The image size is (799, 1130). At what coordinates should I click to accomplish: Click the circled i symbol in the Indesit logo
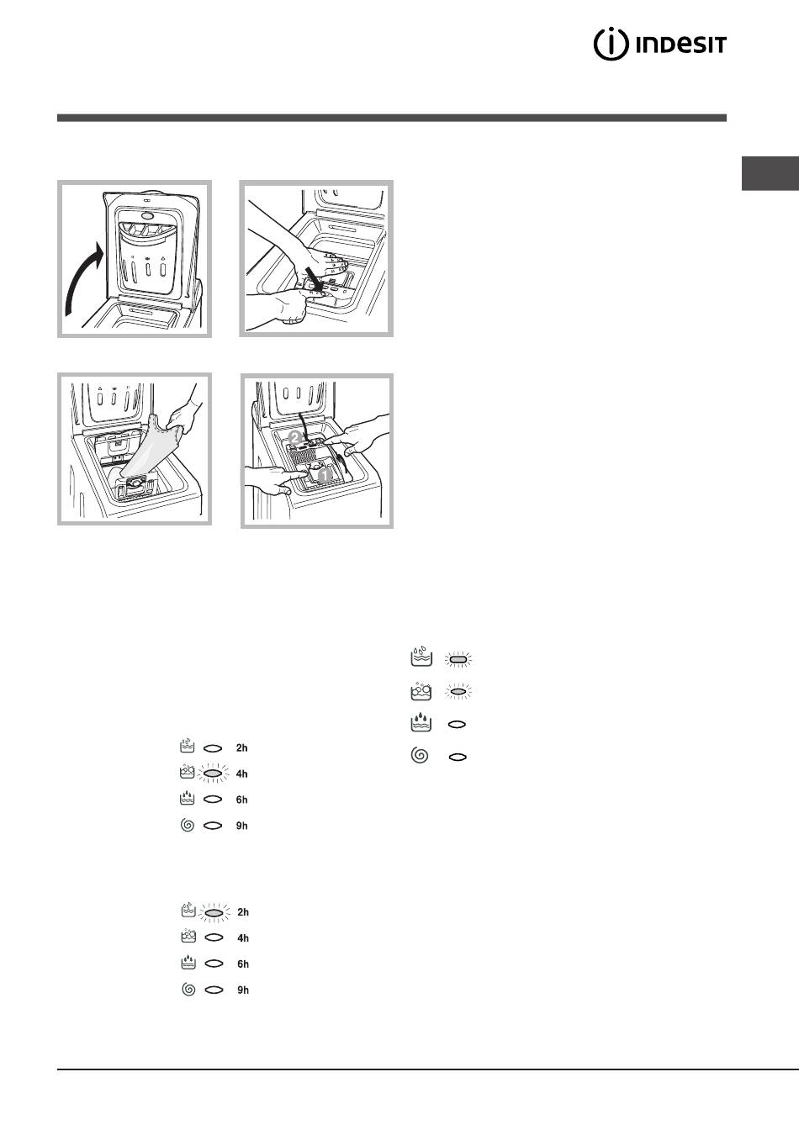click(611, 45)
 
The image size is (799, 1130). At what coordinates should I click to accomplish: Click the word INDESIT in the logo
click(681, 45)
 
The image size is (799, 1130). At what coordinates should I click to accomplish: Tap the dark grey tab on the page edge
click(770, 173)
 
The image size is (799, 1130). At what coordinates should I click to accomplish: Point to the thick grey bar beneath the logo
click(392, 118)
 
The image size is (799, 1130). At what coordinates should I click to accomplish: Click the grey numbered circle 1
click(324, 475)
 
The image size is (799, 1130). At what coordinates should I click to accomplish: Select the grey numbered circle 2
click(294, 437)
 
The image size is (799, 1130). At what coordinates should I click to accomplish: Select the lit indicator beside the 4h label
click(213, 774)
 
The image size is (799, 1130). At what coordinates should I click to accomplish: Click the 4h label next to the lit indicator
click(241, 774)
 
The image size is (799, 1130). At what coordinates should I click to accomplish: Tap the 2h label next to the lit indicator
click(243, 912)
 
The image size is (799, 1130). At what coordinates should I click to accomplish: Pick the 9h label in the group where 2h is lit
click(243, 990)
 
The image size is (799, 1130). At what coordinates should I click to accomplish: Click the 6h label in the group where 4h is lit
click(241, 800)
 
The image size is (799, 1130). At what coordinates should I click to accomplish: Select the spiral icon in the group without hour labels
click(420, 755)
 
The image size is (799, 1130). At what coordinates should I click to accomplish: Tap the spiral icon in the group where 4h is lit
click(188, 826)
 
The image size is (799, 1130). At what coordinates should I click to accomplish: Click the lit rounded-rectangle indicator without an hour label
click(458, 659)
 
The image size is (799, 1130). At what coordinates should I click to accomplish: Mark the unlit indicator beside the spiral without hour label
click(458, 757)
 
